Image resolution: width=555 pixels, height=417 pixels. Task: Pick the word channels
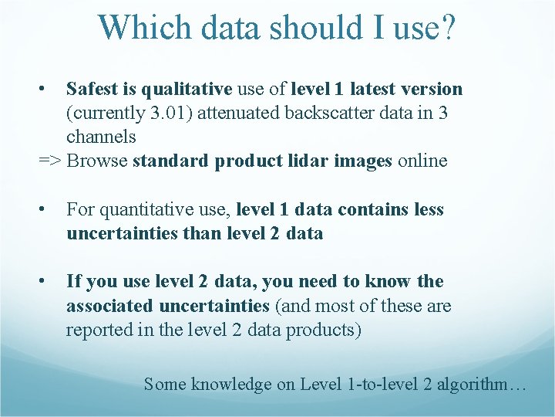click(x=101, y=137)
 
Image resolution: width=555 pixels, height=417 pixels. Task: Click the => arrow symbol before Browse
click(x=50, y=161)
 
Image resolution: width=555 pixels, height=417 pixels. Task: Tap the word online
click(x=422, y=161)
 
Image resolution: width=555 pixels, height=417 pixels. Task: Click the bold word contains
click(x=365, y=210)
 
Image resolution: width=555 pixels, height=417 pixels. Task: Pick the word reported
click(x=96, y=331)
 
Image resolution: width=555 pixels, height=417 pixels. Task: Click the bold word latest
click(x=378, y=90)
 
